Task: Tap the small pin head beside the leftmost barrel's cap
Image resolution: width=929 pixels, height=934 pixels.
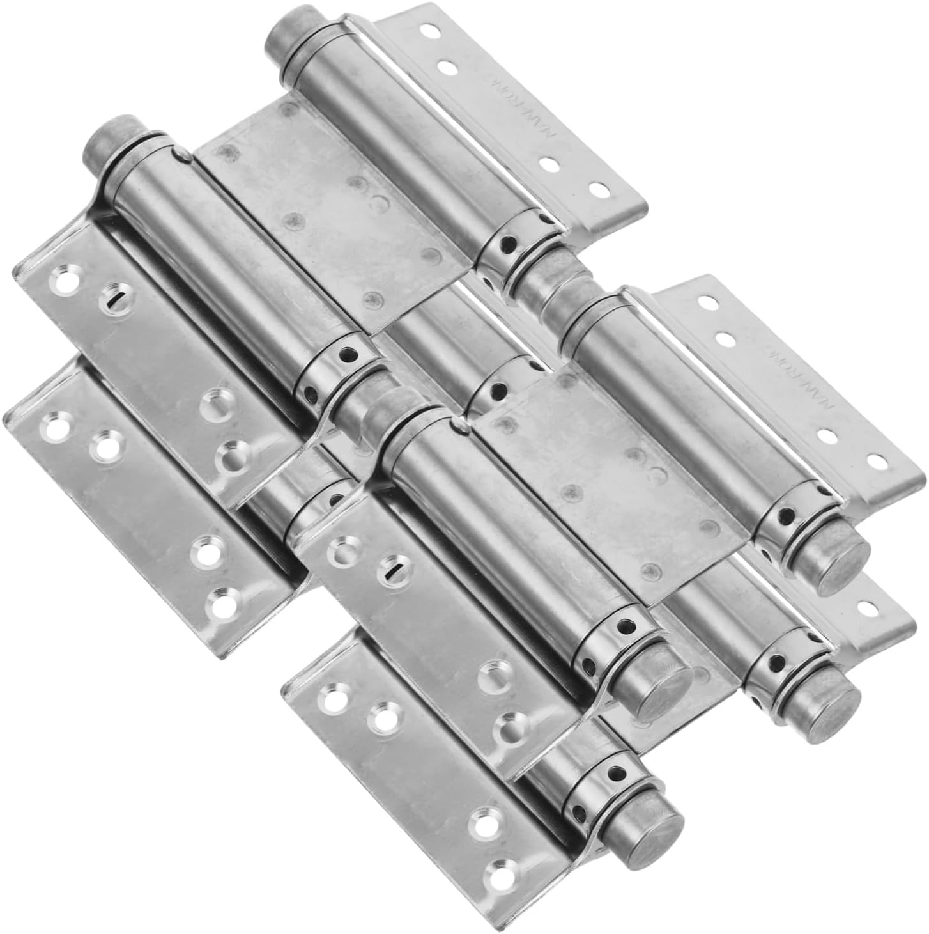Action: click(182, 153)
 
